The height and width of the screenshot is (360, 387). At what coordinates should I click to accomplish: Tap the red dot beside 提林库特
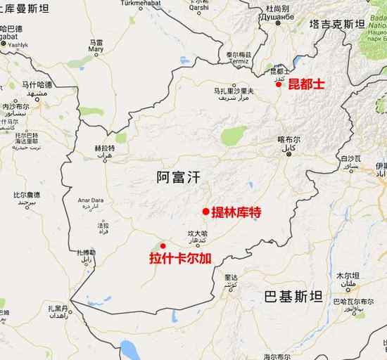205,212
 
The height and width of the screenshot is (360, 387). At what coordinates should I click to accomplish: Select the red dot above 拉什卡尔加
163,245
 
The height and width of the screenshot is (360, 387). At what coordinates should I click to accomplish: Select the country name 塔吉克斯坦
337,25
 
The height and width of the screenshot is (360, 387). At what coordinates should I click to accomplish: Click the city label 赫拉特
103,149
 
